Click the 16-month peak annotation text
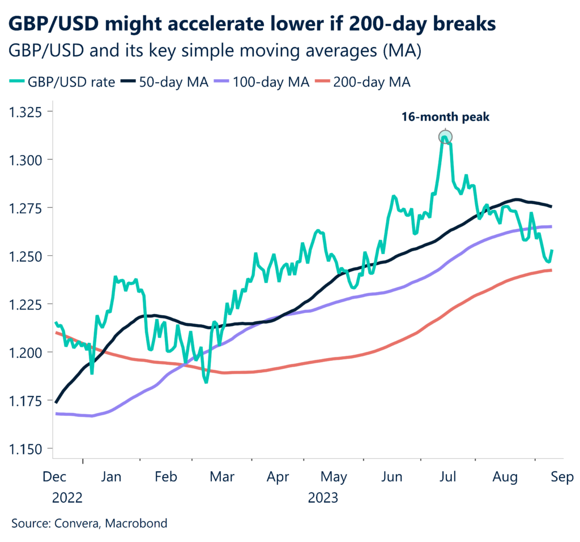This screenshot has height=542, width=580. coord(445,118)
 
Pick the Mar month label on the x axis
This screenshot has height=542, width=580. coord(223,478)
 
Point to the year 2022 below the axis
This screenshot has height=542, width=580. coord(67,498)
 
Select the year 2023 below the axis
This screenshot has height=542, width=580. coord(323,498)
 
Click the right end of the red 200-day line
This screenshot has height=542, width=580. coord(552,270)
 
